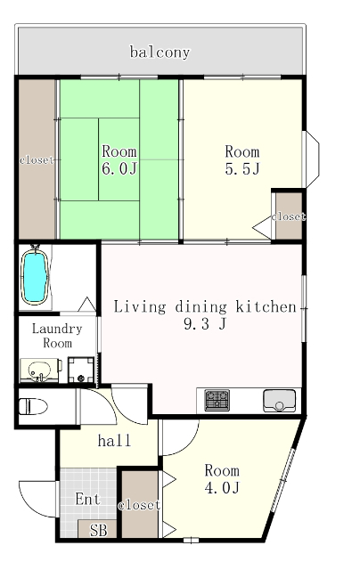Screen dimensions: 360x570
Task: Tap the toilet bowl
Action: pyautogui.click(x=33, y=406)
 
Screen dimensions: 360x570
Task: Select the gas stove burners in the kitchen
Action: pyautogui.click(x=217, y=400)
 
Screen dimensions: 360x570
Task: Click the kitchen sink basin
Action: pyautogui.click(x=279, y=401)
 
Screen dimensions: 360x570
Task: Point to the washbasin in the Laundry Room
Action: pyautogui.click(x=39, y=370)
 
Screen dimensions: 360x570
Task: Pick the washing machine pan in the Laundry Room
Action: pyautogui.click(x=81, y=370)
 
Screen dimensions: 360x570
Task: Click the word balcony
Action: pyautogui.click(x=160, y=52)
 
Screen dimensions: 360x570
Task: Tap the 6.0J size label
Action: pyautogui.click(x=119, y=169)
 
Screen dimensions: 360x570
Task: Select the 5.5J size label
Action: pyautogui.click(x=242, y=169)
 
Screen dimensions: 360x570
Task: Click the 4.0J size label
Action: pyautogui.click(x=222, y=488)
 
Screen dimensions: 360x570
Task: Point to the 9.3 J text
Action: pyautogui.click(x=205, y=323)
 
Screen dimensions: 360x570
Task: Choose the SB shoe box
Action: pyautogui.click(x=98, y=529)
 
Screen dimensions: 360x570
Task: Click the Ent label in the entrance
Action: pyautogui.click(x=87, y=499)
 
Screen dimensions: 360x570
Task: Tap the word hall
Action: pyautogui.click(x=114, y=441)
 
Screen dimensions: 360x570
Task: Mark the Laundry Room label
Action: pyautogui.click(x=57, y=336)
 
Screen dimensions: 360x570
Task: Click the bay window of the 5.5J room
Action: pyautogui.click(x=311, y=159)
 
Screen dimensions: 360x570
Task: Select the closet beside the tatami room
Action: pyautogui.click(x=37, y=159)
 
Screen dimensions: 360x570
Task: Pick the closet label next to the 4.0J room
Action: pyautogui.click(x=139, y=505)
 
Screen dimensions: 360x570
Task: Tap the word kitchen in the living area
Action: pyautogui.click(x=266, y=306)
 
